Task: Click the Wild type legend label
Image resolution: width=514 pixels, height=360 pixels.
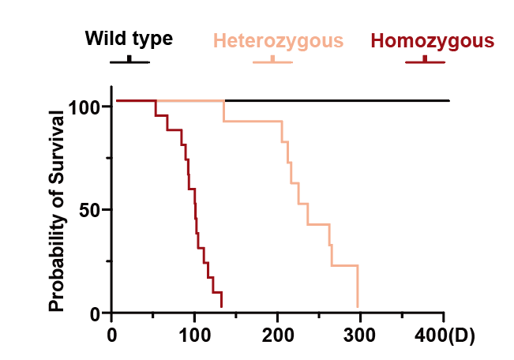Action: (129, 39)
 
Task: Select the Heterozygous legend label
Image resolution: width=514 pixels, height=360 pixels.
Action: (277, 40)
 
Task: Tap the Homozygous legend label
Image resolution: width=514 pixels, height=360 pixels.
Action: (433, 40)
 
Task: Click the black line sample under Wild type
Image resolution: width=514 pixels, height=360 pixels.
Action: (129, 61)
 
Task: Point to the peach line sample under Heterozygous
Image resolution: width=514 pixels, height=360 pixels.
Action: (272, 62)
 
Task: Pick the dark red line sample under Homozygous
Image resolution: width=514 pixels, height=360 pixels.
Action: (425, 61)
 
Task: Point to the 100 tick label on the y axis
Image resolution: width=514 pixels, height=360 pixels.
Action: (92, 107)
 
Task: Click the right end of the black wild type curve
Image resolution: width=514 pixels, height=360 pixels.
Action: (448, 101)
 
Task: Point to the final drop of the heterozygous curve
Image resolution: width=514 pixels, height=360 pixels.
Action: (358, 286)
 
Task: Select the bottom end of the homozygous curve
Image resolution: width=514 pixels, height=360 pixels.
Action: (221, 306)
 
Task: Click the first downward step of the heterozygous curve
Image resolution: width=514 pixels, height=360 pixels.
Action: (223, 111)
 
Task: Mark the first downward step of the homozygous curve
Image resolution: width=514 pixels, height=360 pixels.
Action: (156, 108)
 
